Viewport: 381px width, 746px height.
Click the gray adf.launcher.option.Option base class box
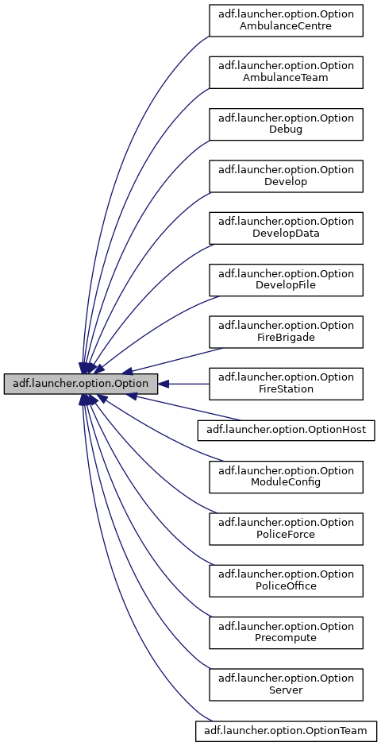click(81, 384)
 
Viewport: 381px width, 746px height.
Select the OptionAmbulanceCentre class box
click(286, 20)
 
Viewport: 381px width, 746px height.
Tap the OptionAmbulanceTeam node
click(286, 72)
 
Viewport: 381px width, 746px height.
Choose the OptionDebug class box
click(286, 123)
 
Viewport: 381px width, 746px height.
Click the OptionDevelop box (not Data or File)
click(286, 176)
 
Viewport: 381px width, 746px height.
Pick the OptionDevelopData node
click(286, 227)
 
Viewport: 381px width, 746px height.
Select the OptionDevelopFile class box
click(286, 280)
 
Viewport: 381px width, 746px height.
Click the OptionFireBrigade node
click(286, 331)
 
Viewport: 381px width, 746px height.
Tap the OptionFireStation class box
click(286, 384)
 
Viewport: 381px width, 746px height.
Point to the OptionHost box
click(286, 430)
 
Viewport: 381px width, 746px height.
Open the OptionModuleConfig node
click(286, 476)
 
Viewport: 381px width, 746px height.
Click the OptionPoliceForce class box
click(286, 528)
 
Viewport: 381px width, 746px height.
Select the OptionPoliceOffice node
click(286, 580)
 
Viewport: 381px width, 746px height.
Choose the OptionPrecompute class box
click(286, 632)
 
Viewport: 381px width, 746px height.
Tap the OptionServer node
click(286, 684)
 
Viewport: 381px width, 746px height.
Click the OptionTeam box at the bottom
click(286, 730)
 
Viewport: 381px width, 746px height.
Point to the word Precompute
click(286, 639)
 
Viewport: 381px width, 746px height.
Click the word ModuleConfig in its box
click(286, 482)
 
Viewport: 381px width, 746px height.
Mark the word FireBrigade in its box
click(286, 338)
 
